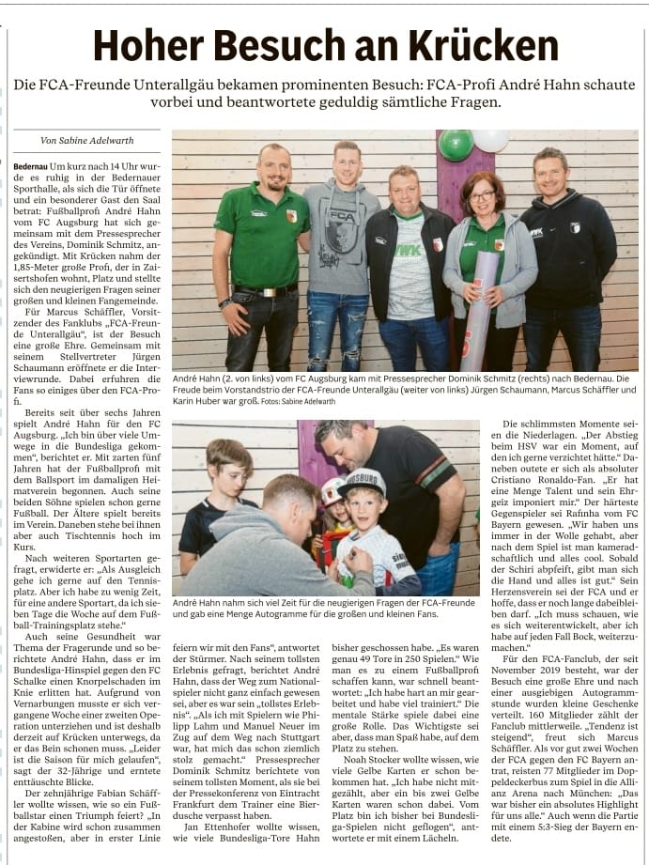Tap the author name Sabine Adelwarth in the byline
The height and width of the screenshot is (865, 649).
[x=100, y=141]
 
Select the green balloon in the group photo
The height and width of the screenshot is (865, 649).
[x=456, y=145]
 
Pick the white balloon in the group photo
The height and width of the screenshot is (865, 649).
[x=490, y=140]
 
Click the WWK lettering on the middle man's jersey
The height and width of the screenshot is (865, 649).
[x=409, y=251]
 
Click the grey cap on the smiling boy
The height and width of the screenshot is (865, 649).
[x=363, y=482]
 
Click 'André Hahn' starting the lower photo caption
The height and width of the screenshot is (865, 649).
[x=198, y=602]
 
